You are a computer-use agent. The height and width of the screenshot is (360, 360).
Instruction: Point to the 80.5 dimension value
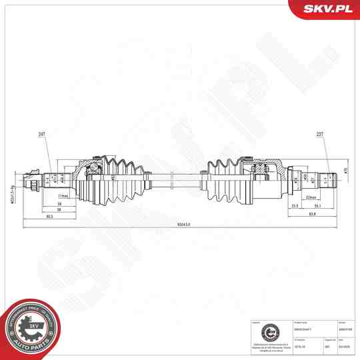pyautogui.click(x=49, y=216)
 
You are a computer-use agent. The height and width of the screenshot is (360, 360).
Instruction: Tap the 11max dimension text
pyautogui.click(x=64, y=196)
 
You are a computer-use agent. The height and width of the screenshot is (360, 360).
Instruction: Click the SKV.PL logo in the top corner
pyautogui.click(x=328, y=8)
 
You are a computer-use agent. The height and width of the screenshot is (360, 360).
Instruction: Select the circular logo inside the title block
pyautogui.click(x=269, y=331)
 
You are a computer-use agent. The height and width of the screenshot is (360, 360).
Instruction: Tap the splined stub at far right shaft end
pyautogui.click(x=328, y=178)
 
